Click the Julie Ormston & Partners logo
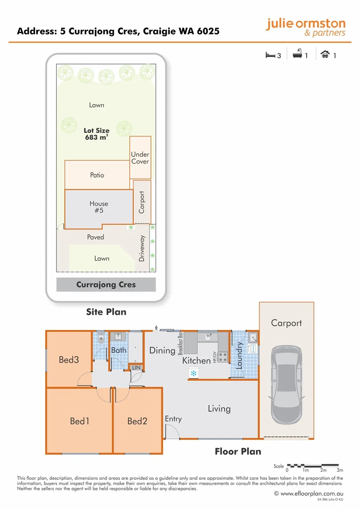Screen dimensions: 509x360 click(305, 27)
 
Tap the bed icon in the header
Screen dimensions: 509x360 click(270, 55)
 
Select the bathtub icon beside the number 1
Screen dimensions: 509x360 click(297, 55)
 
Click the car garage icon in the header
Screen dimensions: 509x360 click(325, 55)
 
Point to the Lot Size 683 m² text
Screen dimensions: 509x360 click(97, 134)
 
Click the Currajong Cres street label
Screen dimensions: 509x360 click(106, 285)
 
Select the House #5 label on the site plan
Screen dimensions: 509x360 click(99, 207)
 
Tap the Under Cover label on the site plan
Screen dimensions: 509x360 click(140, 158)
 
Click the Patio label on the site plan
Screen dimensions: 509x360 click(97, 175)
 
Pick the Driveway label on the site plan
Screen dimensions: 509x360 click(142, 249)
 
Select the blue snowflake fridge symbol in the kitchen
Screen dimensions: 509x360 click(193, 373)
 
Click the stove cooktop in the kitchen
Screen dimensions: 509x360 click(222, 357)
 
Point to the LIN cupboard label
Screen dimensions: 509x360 click(136, 367)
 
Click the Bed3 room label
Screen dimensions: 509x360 click(69, 360)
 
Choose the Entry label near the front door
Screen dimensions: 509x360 click(173, 419)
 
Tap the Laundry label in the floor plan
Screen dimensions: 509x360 click(239, 355)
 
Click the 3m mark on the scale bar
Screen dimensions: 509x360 click(340, 470)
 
